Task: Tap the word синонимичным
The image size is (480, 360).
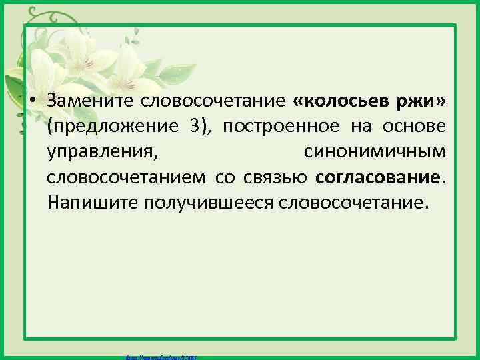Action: click(x=375, y=152)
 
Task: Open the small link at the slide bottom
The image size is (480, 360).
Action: click(x=160, y=357)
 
